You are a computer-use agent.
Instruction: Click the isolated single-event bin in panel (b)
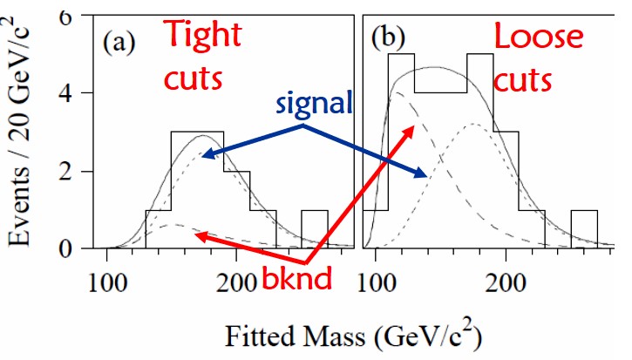[584, 230]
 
